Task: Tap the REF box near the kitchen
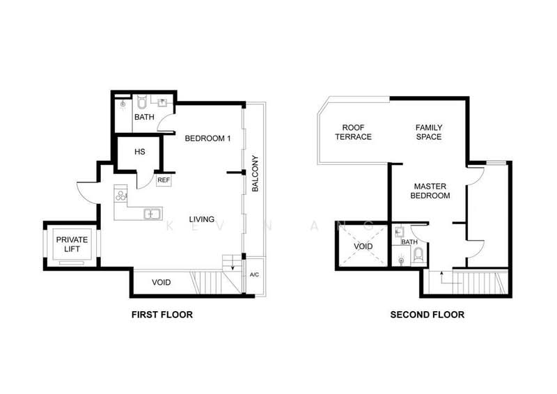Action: pos(164,180)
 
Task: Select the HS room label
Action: pos(139,152)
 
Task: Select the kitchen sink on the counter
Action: pos(152,214)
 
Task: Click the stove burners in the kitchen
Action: pos(121,196)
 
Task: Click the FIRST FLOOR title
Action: pos(162,315)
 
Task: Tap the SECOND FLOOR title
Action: pos(427,315)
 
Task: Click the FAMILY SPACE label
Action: pos(428,132)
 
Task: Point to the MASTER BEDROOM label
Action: pos(432,191)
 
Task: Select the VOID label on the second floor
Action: pos(363,246)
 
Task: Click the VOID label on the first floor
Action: pos(161,282)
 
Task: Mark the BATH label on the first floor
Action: pos(144,117)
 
